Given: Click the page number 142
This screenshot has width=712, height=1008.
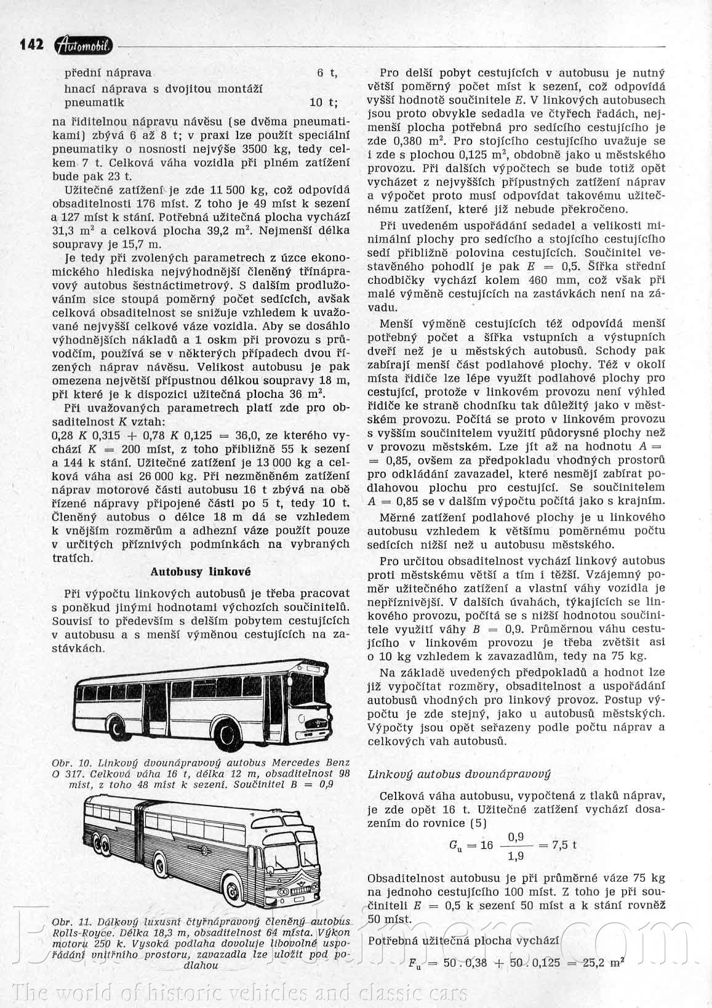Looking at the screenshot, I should (31, 44).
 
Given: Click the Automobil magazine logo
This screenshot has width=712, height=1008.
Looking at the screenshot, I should (84, 44).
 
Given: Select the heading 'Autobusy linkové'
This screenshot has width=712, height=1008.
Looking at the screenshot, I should (201, 571).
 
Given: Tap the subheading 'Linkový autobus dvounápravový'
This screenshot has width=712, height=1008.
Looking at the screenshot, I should (459, 774).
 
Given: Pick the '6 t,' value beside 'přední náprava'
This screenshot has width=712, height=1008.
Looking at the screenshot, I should (327, 73).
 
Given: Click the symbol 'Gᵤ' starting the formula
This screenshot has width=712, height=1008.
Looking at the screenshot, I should (456, 845).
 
